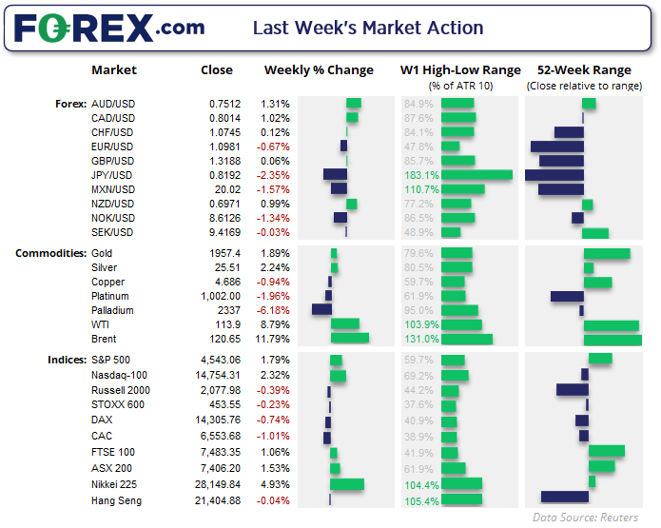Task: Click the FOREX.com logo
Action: click(109, 29)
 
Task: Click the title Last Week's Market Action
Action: click(367, 29)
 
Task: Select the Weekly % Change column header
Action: click(318, 69)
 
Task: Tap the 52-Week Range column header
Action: click(583, 69)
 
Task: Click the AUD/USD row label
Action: click(112, 104)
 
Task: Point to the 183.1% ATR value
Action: click(420, 175)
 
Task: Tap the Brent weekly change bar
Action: click(349, 339)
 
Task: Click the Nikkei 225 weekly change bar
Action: click(347, 484)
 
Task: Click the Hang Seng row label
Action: click(116, 500)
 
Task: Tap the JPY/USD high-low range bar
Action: click(476, 175)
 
